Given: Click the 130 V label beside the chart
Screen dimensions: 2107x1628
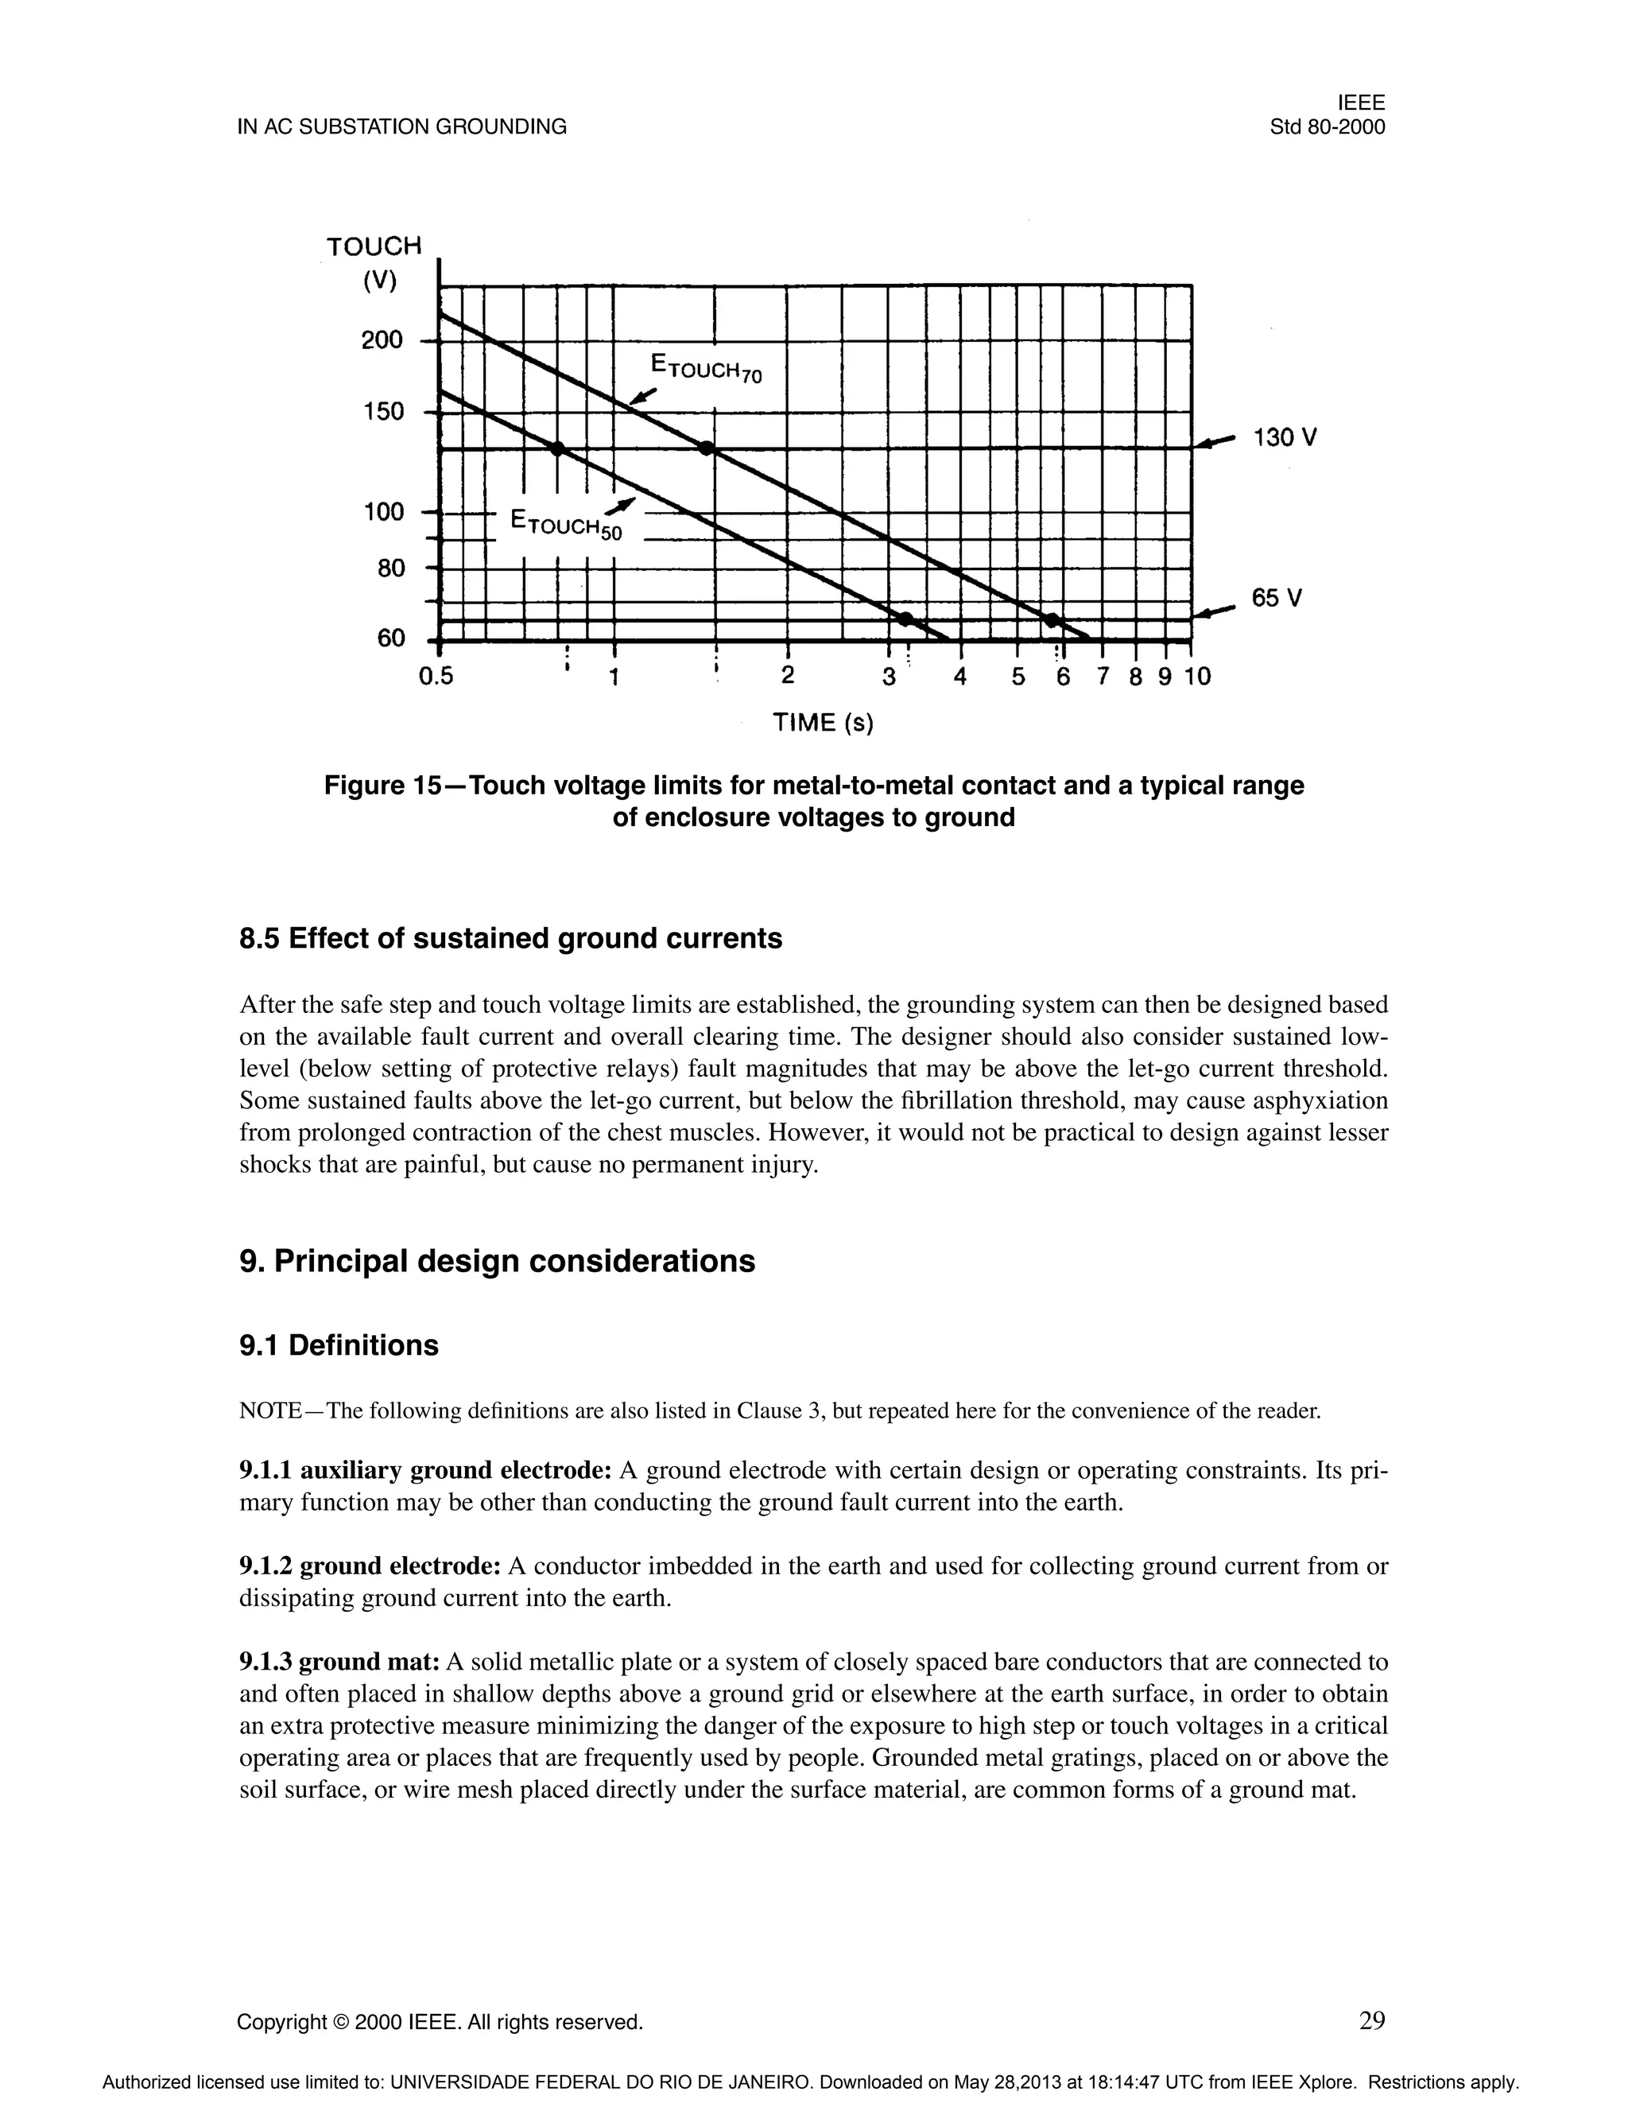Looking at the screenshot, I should tap(1284, 438).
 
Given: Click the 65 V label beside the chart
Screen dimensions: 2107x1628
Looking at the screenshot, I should tap(1276, 598).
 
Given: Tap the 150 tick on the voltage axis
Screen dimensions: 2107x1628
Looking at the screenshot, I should tap(383, 412).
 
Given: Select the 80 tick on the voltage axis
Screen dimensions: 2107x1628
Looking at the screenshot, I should tap(390, 568).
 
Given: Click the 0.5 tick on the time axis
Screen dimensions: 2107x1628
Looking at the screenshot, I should tap(436, 677).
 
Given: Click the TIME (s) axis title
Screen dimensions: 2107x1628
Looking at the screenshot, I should tap(823, 723).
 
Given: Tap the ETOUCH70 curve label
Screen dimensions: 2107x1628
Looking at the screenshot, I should tap(706, 367).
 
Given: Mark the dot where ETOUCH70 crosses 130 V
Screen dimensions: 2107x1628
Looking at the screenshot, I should tap(706, 448).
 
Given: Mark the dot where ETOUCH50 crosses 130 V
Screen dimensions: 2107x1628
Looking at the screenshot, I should tap(556, 448).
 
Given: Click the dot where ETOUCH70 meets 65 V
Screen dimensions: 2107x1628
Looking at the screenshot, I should tap(1052, 619).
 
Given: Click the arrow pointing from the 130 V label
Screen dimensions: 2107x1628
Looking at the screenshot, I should tap(1215, 442).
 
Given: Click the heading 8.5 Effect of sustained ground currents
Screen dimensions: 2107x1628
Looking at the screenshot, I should tap(510, 939).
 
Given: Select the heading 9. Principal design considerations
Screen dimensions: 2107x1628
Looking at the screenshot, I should tap(497, 1261).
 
